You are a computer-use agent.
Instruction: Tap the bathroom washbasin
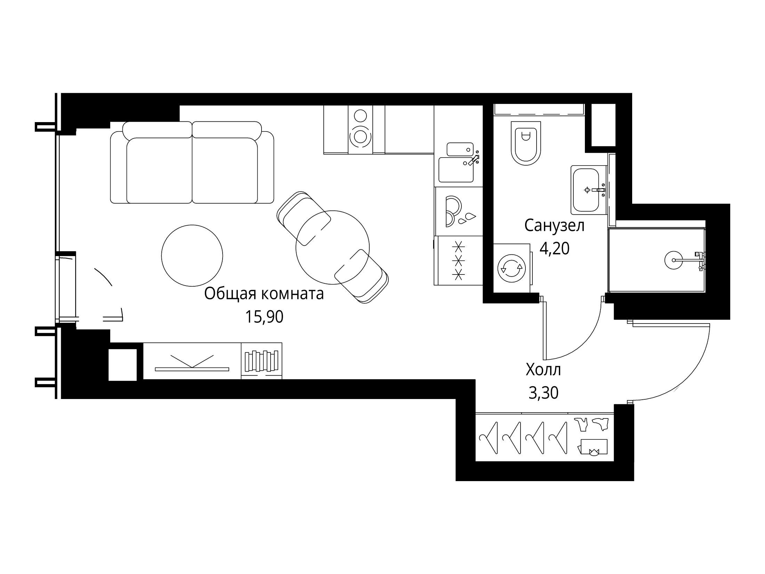(588, 190)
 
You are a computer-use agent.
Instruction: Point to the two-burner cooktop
(360, 129)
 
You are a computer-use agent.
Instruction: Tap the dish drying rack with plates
(459, 212)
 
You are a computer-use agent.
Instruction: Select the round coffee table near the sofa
(192, 255)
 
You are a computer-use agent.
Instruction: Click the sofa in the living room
(192, 162)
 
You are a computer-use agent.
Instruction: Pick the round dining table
(332, 247)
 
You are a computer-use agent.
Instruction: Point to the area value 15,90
(264, 317)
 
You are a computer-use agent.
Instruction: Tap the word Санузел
(554, 226)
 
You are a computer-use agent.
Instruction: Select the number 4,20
(554, 249)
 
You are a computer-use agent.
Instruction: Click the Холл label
(543, 369)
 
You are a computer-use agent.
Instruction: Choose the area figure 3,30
(543, 393)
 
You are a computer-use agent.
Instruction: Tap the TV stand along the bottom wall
(192, 361)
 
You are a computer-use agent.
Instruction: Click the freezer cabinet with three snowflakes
(459, 261)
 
